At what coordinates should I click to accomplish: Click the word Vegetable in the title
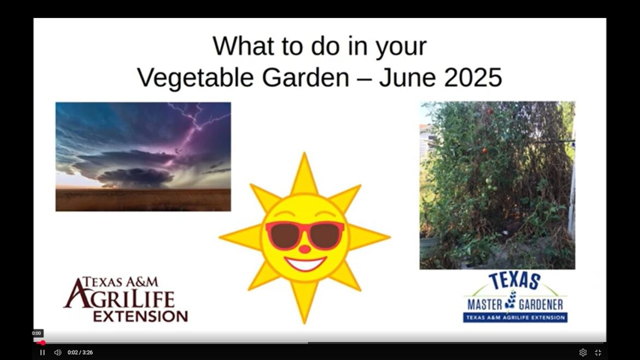tap(195, 77)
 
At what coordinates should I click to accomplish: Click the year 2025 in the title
tap(473, 77)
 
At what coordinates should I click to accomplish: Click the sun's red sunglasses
tap(305, 234)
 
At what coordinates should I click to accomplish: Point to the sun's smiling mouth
tap(305, 264)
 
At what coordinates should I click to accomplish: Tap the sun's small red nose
tap(305, 249)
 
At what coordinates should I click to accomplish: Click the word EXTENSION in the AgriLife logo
tap(140, 316)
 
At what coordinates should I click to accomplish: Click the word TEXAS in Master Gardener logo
tap(514, 281)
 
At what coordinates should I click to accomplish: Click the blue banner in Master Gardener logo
tap(515, 317)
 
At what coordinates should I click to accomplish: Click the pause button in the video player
tap(42, 352)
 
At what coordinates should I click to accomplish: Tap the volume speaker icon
tap(57, 352)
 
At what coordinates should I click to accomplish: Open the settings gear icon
tap(583, 352)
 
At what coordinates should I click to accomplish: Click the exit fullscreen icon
tap(598, 352)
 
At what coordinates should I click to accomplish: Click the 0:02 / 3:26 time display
tap(80, 352)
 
